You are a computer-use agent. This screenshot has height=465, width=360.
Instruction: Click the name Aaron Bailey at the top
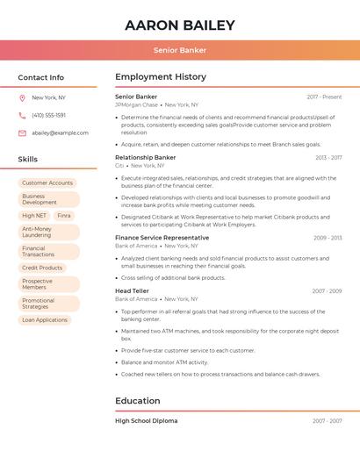point(180,25)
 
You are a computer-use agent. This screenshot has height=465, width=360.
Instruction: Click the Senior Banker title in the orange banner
point(180,50)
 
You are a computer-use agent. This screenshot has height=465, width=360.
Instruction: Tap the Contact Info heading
point(41,77)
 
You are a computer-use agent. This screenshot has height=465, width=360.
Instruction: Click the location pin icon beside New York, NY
point(22,97)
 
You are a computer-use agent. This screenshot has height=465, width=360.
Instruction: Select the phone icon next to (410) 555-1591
point(22,115)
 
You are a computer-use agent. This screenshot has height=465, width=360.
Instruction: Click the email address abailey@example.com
point(60,132)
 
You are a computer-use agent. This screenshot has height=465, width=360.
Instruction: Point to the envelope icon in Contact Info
point(22,132)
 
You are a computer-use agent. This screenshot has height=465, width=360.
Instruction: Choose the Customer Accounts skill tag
point(47,182)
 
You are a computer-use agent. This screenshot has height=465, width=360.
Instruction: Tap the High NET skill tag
point(34,215)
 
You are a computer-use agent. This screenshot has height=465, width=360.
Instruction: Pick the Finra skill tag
point(64,215)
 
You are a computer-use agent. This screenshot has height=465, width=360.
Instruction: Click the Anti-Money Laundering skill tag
point(37,232)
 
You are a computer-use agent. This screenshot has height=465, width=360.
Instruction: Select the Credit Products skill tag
point(42,268)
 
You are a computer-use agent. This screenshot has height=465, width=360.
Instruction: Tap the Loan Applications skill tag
point(45,319)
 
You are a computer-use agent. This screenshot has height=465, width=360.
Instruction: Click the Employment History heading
point(161,77)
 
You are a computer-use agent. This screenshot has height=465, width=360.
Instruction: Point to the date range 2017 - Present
point(324,97)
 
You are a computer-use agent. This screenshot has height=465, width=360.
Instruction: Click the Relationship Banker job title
point(146,157)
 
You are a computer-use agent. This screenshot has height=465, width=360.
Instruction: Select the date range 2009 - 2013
point(328,238)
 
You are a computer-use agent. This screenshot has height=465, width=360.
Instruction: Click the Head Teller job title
point(132,290)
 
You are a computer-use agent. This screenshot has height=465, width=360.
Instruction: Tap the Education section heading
point(138,401)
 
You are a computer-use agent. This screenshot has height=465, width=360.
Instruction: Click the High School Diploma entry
point(146,420)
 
